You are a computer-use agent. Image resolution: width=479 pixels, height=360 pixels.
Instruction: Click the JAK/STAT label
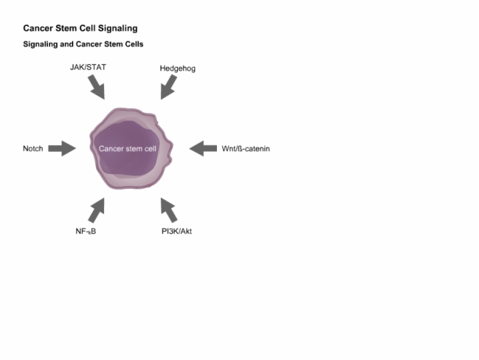[x=88, y=67]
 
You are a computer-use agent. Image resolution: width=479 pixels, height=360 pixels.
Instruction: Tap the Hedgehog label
[x=177, y=68]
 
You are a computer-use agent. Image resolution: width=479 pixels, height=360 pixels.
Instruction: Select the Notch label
[x=33, y=149]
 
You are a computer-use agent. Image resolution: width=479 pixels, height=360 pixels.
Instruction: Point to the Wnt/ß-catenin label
[x=246, y=149]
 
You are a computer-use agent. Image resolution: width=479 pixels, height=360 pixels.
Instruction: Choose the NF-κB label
[x=86, y=231]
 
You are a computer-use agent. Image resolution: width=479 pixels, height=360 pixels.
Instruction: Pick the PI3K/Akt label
[x=177, y=231]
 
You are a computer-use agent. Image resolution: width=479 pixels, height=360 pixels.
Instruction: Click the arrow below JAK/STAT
[x=96, y=87]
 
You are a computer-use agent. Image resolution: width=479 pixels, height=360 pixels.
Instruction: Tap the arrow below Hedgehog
[x=168, y=87]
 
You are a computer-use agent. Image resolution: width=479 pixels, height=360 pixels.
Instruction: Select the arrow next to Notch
[x=62, y=149]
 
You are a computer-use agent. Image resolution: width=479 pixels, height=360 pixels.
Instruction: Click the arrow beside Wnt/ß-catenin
[x=203, y=149]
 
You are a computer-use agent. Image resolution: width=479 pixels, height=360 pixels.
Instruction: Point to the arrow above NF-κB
[x=96, y=210]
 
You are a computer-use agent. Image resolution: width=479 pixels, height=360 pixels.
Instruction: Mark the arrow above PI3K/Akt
[x=168, y=210]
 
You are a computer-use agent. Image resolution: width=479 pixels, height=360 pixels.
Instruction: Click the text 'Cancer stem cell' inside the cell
[x=127, y=149]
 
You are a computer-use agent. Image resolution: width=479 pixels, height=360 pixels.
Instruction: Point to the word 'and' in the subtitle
[x=66, y=44]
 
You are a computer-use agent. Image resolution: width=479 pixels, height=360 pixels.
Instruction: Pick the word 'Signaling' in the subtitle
[x=40, y=44]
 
